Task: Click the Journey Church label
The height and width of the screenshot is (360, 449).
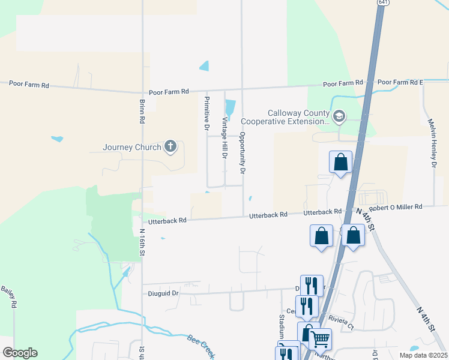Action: [x=132, y=147]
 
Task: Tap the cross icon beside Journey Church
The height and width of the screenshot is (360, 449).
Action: [x=170, y=146]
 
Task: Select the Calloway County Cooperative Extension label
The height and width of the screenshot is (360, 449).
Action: [x=298, y=117]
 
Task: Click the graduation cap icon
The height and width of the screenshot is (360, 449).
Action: [x=340, y=116]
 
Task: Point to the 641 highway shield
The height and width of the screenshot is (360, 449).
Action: [x=382, y=2]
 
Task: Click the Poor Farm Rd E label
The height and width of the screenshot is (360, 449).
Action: [x=400, y=82]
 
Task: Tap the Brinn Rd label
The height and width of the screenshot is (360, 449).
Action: [x=142, y=111]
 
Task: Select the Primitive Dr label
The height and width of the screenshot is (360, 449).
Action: [x=206, y=113]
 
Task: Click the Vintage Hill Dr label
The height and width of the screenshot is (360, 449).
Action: [x=225, y=137]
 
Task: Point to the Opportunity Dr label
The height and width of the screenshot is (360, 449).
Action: [x=243, y=153]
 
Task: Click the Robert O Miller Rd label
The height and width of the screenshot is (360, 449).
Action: [x=396, y=207]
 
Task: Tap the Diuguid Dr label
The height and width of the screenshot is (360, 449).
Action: [x=163, y=293]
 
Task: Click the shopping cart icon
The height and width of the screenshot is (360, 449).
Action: [x=320, y=339]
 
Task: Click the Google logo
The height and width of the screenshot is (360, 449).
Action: [x=20, y=353]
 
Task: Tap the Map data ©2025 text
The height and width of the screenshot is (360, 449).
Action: [x=423, y=355]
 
